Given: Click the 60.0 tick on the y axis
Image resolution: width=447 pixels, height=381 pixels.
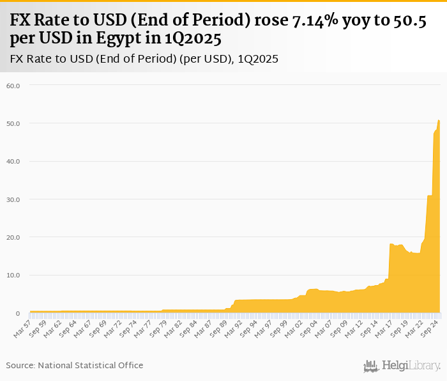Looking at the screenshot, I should pyautogui.click(x=13, y=85).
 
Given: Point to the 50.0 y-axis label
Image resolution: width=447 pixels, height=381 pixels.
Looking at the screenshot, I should pyautogui.click(x=13, y=123).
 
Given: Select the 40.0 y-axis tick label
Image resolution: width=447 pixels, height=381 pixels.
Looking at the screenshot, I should pyautogui.click(x=13, y=161).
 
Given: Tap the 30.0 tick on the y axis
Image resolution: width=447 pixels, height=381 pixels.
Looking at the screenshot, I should pyautogui.click(x=13, y=199).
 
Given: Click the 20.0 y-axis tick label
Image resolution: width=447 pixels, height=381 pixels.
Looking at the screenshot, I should pyautogui.click(x=13, y=237).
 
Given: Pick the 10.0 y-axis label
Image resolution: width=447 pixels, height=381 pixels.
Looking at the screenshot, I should pyautogui.click(x=13, y=276).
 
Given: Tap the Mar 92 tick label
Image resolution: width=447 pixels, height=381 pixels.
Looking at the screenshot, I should pyautogui.click(x=233, y=328).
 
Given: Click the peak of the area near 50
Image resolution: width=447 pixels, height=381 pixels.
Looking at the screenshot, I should pyautogui.click(x=439, y=120).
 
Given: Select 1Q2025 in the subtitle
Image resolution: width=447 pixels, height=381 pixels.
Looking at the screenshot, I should pyautogui.click(x=258, y=59).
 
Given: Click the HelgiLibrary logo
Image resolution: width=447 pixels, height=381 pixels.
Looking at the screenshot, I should pyautogui.click(x=402, y=366).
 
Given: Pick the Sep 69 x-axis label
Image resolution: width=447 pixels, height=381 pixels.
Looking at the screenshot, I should pyautogui.click(x=98, y=328).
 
